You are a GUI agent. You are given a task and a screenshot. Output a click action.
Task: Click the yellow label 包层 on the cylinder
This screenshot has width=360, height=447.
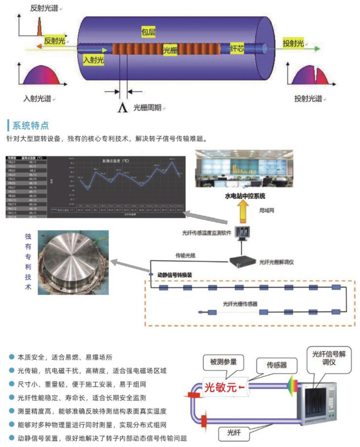(x=149, y=33)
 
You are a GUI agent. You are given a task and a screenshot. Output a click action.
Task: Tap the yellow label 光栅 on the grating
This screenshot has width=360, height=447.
(x=170, y=50)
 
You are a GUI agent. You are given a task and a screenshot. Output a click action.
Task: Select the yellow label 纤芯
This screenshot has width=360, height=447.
(x=237, y=49)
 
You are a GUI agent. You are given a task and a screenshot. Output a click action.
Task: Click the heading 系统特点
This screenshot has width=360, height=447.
(x=31, y=126)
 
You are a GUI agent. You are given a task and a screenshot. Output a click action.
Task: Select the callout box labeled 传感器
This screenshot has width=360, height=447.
(x=276, y=365)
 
